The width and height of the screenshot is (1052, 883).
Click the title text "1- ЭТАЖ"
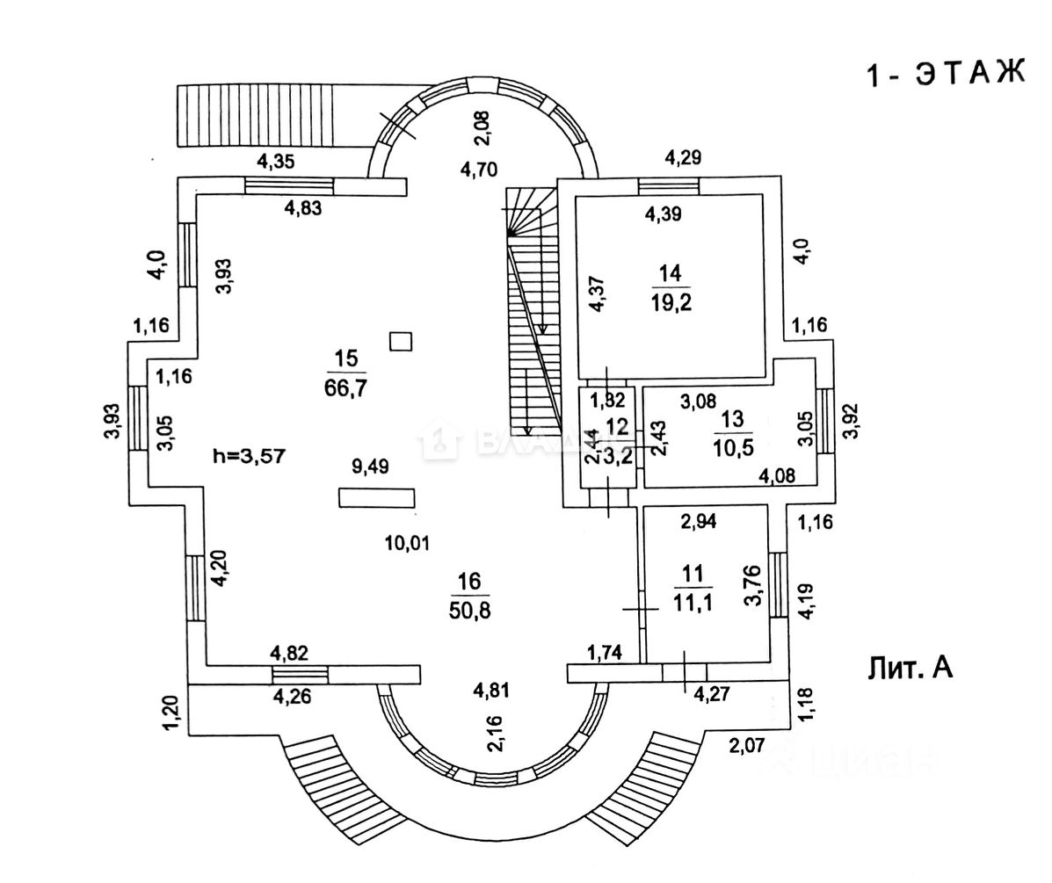(946, 75)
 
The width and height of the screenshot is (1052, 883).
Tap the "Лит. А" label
(911, 669)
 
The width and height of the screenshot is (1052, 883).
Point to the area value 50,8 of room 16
(468, 609)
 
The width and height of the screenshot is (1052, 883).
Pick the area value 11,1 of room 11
(693, 603)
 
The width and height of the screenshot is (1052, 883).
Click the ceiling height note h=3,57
(249, 456)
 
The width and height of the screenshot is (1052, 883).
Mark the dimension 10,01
(407, 543)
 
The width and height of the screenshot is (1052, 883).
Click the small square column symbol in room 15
(401, 341)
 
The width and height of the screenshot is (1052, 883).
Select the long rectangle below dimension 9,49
(377, 497)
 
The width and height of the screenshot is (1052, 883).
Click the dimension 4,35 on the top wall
(275, 161)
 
